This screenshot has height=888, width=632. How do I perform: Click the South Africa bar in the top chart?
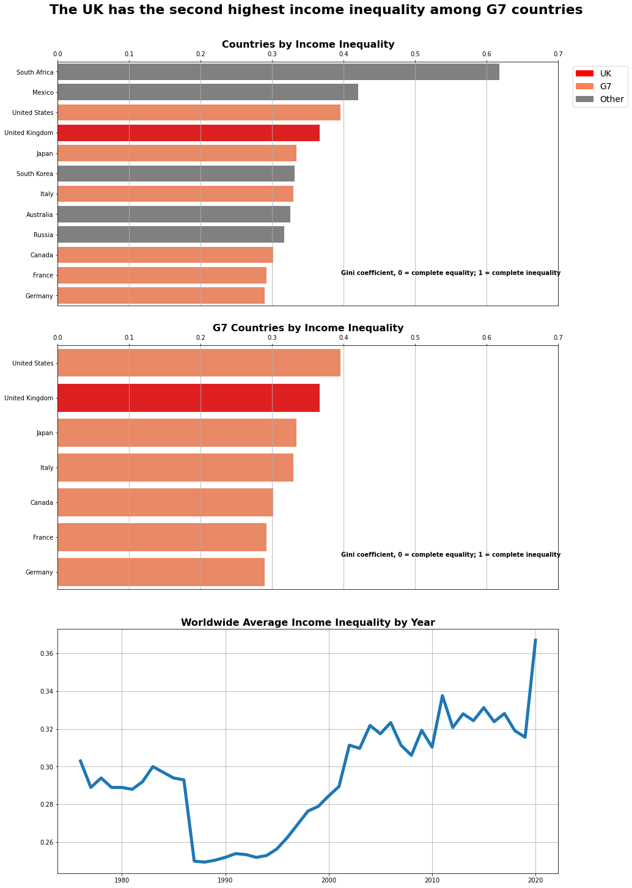tap(278, 72)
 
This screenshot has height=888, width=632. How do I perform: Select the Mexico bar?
tap(208, 92)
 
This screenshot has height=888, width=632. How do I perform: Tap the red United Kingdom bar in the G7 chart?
tap(188, 398)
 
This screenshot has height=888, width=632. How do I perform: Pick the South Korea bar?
tap(176, 174)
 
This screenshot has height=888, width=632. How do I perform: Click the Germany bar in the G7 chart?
tap(161, 572)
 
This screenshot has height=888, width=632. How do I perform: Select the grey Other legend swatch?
tap(584, 99)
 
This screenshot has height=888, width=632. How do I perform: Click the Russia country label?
tap(43, 235)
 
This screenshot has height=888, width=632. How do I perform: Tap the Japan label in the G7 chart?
tap(45, 433)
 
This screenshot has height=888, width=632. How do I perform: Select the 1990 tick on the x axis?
tap(226, 880)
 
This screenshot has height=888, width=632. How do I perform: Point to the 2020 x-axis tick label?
tap(536, 880)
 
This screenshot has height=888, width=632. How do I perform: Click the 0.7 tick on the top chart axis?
tap(557, 54)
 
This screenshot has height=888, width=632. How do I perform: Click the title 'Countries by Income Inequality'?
tap(308, 45)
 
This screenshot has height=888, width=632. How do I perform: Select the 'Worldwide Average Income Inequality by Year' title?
tap(308, 623)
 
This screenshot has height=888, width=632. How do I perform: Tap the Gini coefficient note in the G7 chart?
tap(450, 555)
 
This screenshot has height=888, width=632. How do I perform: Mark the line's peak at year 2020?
tap(535, 640)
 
